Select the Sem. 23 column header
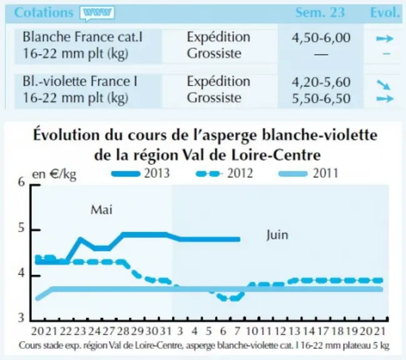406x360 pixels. click(x=320, y=12)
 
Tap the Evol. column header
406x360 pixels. click(x=385, y=12)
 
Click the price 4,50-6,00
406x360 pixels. click(x=321, y=37)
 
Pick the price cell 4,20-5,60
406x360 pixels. click(x=321, y=82)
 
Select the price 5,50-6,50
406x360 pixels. click(x=321, y=99)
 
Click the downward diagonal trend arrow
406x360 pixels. click(x=383, y=84)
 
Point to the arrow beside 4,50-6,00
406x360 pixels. click(x=385, y=39)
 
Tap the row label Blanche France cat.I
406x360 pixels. click(x=83, y=37)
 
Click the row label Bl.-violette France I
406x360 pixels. click(x=80, y=81)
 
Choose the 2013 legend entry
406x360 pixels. click(x=140, y=173)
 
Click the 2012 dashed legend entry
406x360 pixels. click(x=224, y=173)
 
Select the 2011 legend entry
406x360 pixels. click(x=308, y=173)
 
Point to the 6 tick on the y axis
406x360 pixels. click(x=21, y=182)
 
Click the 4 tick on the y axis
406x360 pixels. click(x=21, y=273)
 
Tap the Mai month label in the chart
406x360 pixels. click(x=101, y=210)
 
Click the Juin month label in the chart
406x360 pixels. click(x=277, y=235)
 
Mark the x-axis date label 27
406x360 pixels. click(x=108, y=331)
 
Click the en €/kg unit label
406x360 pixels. click(x=54, y=174)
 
